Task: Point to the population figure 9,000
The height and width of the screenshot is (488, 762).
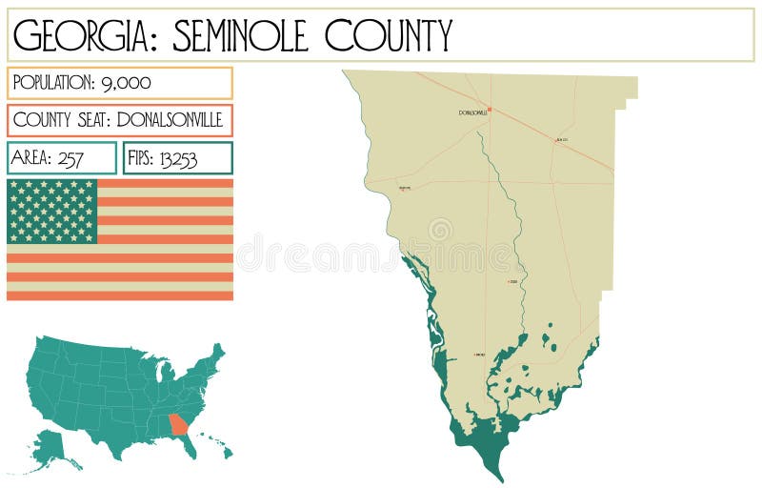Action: tap(125, 83)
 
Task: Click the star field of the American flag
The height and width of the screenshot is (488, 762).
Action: tap(52, 211)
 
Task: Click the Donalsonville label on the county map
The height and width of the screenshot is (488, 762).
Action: tap(471, 112)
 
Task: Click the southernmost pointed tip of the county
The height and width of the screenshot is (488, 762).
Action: tap(498, 479)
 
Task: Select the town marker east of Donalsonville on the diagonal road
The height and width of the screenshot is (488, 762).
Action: tap(560, 140)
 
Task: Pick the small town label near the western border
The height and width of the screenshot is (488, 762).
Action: tap(404, 188)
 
